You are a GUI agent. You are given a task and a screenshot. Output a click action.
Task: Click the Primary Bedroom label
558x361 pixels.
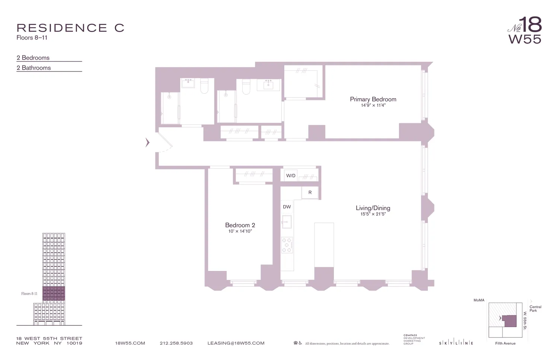click(x=373, y=99)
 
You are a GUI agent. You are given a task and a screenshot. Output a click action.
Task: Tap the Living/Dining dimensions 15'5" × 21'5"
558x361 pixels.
click(x=373, y=214)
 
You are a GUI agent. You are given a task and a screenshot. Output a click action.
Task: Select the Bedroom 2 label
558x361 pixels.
click(x=240, y=225)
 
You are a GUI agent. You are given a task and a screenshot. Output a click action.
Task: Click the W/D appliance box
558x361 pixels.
click(x=291, y=176)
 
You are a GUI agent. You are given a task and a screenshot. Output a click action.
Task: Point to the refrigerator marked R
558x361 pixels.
click(x=310, y=193)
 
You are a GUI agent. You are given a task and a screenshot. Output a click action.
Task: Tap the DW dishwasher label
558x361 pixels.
click(x=287, y=207)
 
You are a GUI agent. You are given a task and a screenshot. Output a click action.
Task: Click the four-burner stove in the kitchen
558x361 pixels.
click(x=287, y=245)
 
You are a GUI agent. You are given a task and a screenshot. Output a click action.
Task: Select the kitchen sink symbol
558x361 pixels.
click(x=287, y=222)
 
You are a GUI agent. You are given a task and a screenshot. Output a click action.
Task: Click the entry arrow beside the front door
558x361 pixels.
click(x=147, y=143)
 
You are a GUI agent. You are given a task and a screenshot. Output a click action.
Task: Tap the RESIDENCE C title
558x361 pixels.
click(x=70, y=28)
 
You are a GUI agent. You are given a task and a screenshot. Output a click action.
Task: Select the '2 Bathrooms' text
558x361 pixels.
click(x=34, y=68)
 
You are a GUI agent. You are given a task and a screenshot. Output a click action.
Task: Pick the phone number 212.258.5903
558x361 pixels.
click(x=176, y=343)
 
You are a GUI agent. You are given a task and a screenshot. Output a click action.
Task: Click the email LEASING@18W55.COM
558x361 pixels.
click(x=236, y=343)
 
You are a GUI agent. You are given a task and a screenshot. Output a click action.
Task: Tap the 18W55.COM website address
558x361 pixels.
click(x=130, y=343)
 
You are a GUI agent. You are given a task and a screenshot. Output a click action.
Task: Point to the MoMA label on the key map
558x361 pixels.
click(x=479, y=300)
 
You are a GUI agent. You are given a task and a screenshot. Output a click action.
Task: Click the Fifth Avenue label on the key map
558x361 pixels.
click(x=505, y=344)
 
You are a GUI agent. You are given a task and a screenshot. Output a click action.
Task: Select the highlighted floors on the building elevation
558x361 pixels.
click(x=54, y=294)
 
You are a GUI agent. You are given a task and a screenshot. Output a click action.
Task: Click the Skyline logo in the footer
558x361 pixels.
click(x=456, y=343)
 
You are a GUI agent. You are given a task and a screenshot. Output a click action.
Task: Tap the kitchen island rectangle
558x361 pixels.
click(x=324, y=245)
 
